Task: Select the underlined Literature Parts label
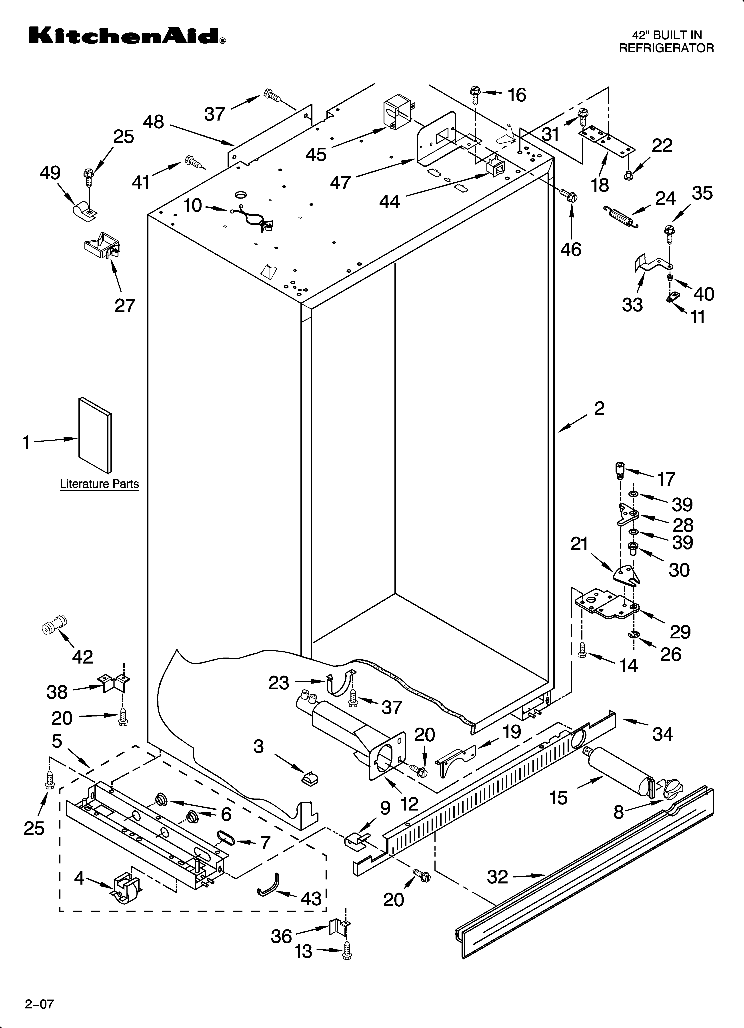tap(99, 484)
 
